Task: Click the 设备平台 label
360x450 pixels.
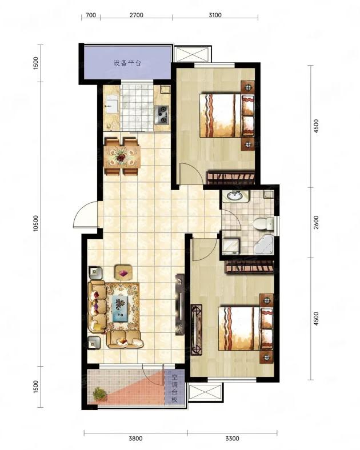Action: coord(127,63)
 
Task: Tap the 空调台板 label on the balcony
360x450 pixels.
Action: coord(174,388)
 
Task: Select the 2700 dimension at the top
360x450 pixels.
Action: coord(137,15)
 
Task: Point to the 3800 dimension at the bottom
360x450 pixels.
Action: coord(135,438)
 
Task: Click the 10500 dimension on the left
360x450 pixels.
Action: coord(35,223)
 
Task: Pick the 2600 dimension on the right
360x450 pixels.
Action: coord(316,222)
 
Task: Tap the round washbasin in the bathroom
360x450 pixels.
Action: coord(235,196)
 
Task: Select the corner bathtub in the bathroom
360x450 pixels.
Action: coord(265,244)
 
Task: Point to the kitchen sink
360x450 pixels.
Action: coord(111,105)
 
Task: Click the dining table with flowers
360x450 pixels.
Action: coord(122,156)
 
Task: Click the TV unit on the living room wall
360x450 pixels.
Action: coord(179,304)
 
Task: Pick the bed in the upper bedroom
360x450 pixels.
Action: coord(227,115)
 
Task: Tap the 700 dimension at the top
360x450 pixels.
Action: coord(91,15)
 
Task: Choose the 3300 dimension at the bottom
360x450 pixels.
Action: coord(232,438)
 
